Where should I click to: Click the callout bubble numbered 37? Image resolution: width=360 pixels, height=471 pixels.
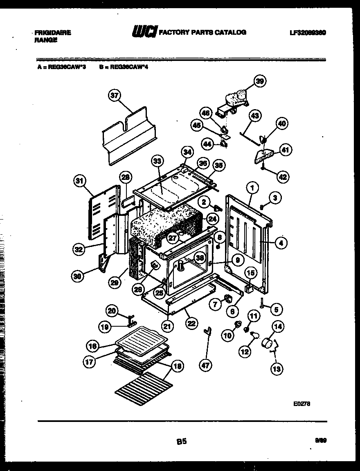pos(114,96)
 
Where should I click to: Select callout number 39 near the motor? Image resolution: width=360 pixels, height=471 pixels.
pos(259,81)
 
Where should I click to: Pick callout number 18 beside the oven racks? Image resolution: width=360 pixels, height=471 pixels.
pos(177,366)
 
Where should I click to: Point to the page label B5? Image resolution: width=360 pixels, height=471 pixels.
pos(182,441)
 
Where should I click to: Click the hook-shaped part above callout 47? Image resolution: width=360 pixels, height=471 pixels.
pos(208,330)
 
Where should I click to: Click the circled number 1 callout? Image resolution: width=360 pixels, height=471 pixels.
pos(252,188)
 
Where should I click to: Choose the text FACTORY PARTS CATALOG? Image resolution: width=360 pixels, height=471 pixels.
pos(202,32)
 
